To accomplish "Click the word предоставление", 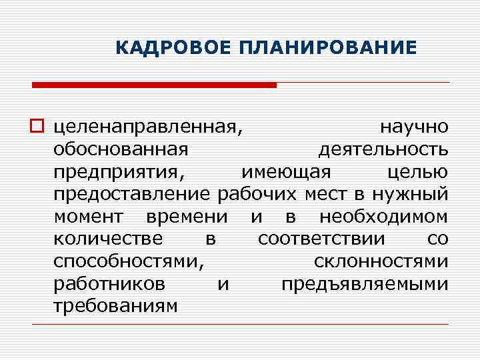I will pos(133,195).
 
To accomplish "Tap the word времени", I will pos(186,217).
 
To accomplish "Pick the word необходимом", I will pos(383,217).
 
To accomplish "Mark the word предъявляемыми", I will pos(365,285).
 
